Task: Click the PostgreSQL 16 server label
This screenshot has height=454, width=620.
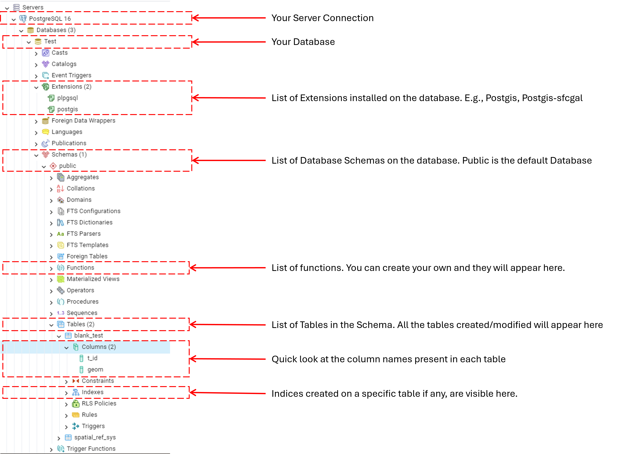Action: pos(50,19)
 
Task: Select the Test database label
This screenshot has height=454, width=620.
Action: pos(50,41)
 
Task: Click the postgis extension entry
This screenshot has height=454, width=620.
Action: pos(67,109)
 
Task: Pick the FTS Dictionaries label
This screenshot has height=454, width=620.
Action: pos(89,222)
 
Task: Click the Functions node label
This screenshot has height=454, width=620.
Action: pos(80,268)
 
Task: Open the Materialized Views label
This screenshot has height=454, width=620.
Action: pos(93,279)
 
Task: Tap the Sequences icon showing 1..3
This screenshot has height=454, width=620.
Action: pos(61,313)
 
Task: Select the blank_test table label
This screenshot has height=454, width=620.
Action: pos(88,336)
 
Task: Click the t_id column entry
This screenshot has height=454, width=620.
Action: pos(92,358)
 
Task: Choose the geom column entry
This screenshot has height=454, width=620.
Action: pos(95,369)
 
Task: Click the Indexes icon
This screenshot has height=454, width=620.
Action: pos(76,392)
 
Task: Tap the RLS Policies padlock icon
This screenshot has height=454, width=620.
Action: pos(76,403)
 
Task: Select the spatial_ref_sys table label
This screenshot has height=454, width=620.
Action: pos(95,437)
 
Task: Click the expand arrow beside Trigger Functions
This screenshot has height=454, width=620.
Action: pos(51,450)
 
